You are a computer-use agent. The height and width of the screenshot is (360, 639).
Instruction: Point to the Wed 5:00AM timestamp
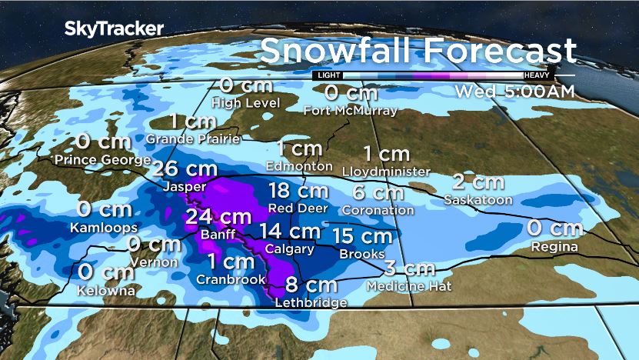(x=514, y=91)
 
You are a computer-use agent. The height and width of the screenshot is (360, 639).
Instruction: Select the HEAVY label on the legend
(x=536, y=75)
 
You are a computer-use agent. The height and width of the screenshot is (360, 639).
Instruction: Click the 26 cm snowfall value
(x=185, y=169)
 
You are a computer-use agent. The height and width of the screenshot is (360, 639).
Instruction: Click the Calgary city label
(x=288, y=249)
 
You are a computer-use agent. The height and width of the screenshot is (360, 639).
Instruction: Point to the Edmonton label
(x=299, y=165)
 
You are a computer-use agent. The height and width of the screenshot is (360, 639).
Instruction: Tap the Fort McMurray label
(x=350, y=111)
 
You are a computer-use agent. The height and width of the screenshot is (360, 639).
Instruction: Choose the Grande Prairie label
(x=193, y=139)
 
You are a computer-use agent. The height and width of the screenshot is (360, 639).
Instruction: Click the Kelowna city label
(x=106, y=291)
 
